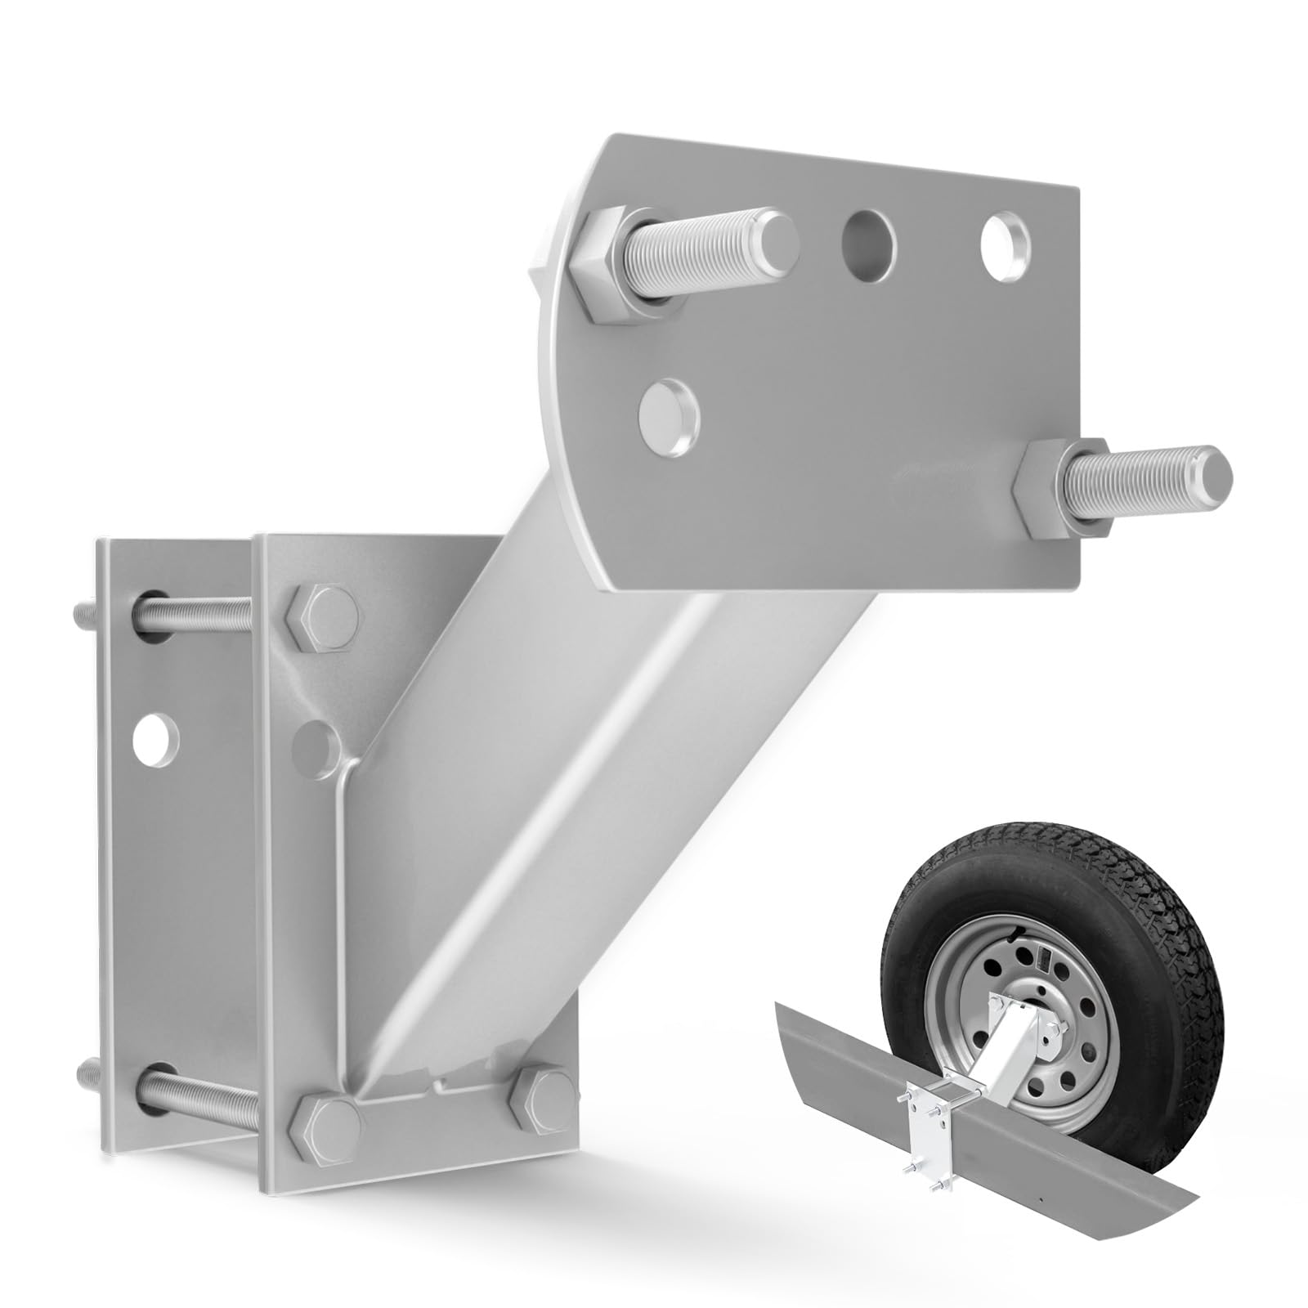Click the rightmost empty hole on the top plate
(1004, 238)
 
